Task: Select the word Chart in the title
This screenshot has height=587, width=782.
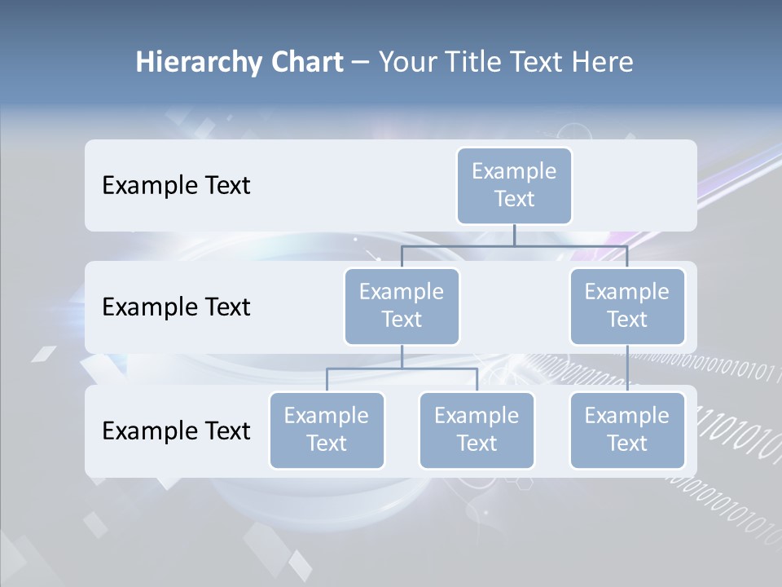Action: (x=306, y=63)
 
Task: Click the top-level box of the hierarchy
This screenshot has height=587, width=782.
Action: (x=514, y=186)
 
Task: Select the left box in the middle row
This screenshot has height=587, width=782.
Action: (x=402, y=307)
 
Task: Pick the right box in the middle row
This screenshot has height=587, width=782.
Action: (x=627, y=307)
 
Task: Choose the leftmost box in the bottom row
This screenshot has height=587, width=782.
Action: (x=327, y=430)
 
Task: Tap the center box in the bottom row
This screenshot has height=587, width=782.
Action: (x=477, y=430)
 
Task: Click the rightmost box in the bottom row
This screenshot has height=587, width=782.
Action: (x=627, y=430)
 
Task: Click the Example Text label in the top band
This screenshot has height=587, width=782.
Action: (x=176, y=186)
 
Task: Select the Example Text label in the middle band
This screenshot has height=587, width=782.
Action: (x=176, y=307)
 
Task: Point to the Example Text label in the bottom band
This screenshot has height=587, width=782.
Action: (x=176, y=430)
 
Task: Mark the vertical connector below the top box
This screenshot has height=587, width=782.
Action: (x=514, y=235)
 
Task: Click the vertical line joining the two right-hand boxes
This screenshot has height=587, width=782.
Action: (x=627, y=369)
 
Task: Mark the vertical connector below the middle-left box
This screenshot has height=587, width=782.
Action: (x=402, y=356)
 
